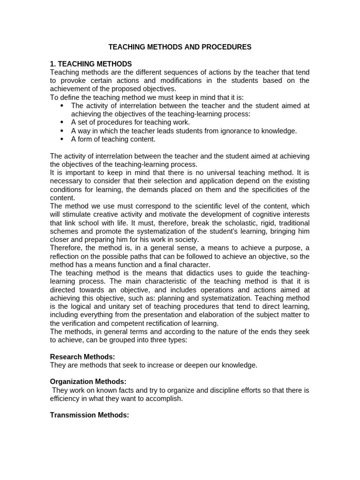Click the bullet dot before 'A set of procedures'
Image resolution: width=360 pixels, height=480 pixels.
pos(62,123)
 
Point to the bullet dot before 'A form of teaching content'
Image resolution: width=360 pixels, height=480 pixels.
pos(62,139)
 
